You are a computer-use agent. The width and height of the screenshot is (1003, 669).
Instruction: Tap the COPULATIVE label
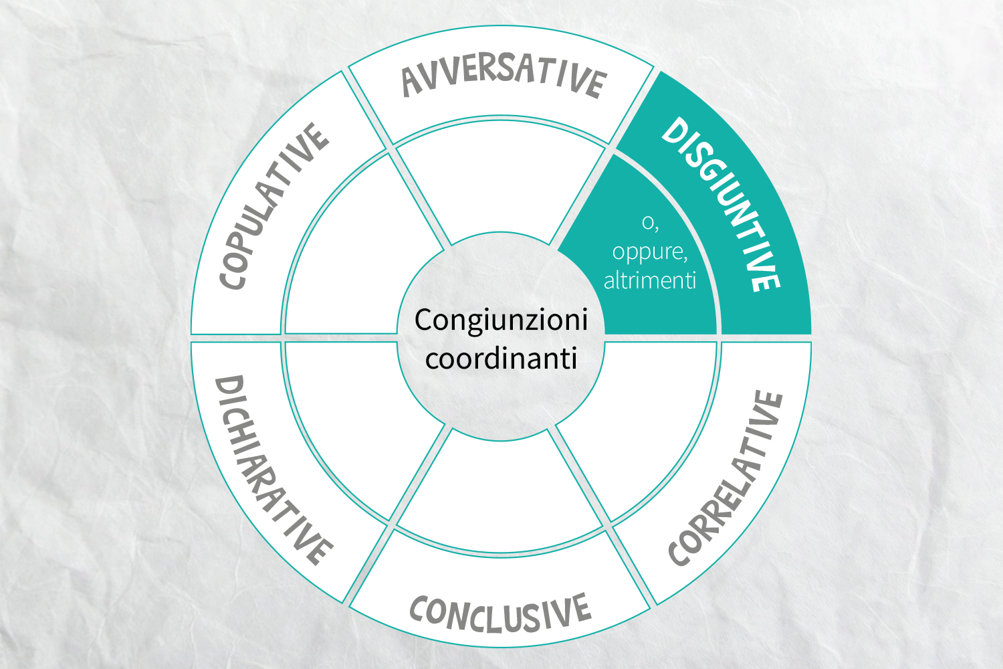[274, 206]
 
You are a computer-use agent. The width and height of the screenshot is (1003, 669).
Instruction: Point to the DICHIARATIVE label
[273, 470]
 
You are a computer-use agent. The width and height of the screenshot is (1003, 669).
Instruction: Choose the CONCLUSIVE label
[501, 613]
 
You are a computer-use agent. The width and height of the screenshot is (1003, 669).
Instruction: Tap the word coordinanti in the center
[501, 359]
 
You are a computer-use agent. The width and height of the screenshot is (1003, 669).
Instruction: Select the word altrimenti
[650, 281]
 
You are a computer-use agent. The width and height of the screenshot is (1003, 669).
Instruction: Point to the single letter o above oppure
[647, 223]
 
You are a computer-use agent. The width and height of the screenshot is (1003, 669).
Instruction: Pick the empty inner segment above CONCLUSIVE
[501, 493]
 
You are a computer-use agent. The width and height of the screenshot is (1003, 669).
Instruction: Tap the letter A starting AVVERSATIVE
[412, 82]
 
